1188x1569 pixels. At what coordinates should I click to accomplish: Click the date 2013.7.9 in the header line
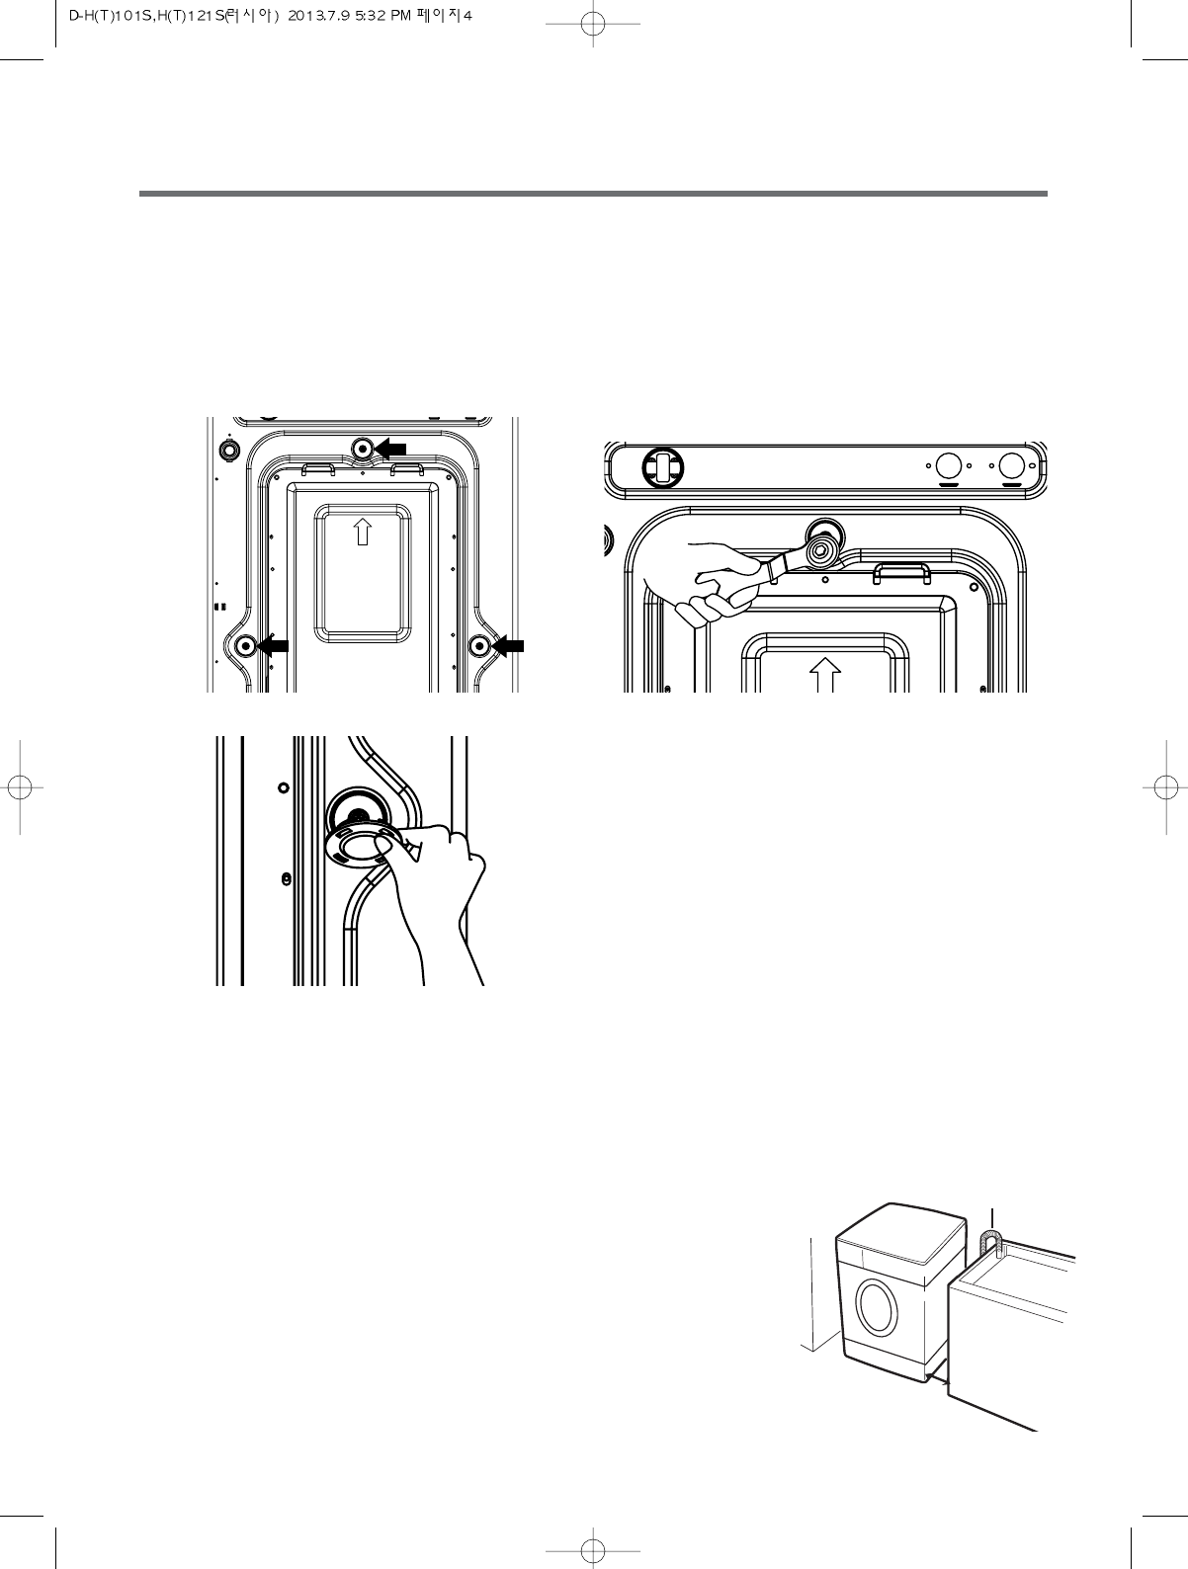coord(317,16)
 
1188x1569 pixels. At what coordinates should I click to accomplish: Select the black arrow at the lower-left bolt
coord(273,646)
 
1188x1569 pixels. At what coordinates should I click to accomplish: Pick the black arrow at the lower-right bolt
coord(508,646)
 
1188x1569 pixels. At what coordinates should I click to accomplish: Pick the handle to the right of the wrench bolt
coord(899,571)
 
